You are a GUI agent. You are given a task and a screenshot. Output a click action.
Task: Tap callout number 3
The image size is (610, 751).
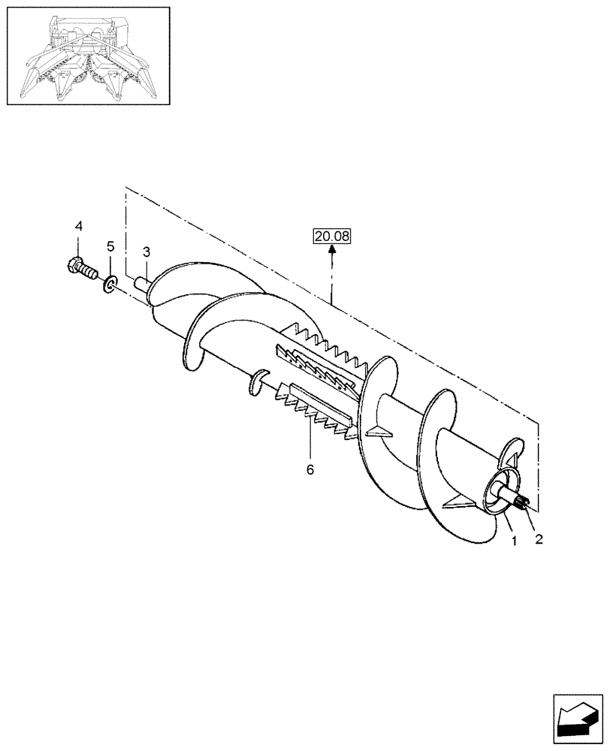[x=146, y=250]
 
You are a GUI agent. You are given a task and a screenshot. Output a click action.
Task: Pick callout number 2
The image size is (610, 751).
[x=537, y=538]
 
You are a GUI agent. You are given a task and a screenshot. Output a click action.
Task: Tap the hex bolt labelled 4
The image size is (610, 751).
[x=78, y=267]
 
